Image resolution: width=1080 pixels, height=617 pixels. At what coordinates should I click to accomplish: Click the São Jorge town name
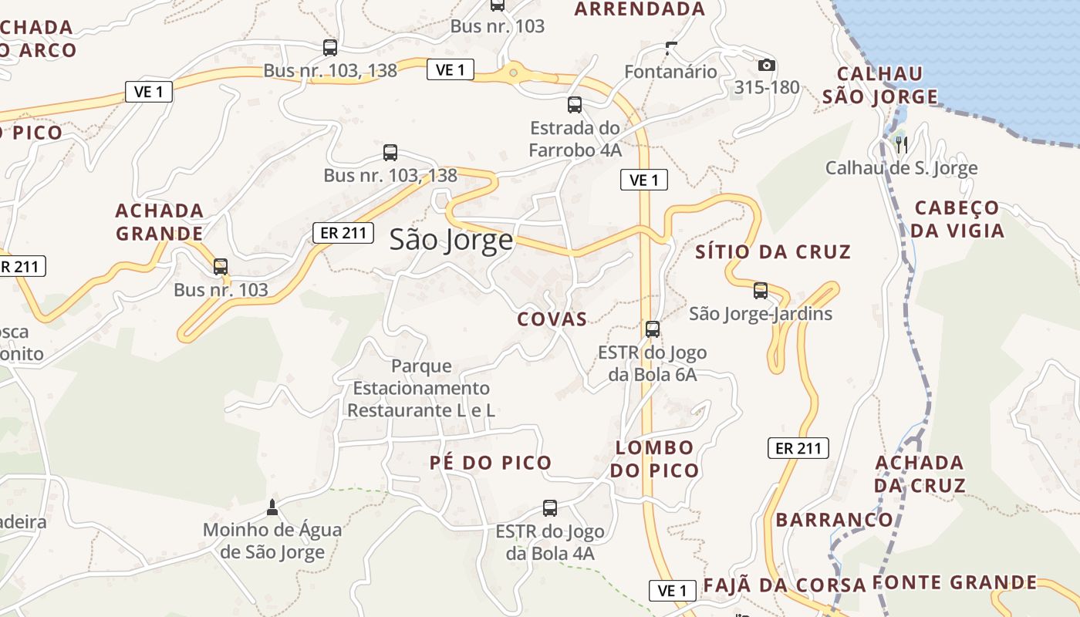(x=451, y=240)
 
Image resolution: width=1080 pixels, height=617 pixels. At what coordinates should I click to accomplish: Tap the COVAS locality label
(x=552, y=319)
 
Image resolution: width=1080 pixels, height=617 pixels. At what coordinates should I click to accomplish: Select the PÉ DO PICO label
(x=491, y=463)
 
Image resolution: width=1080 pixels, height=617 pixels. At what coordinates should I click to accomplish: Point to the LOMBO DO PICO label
(x=655, y=459)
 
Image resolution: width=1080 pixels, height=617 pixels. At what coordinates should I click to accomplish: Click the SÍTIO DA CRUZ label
(x=773, y=251)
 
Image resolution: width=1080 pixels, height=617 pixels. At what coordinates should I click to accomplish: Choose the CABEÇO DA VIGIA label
(x=957, y=219)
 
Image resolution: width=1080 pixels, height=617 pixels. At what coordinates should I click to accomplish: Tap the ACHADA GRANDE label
(x=160, y=222)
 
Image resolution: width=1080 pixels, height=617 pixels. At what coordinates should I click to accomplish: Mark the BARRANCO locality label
(x=834, y=520)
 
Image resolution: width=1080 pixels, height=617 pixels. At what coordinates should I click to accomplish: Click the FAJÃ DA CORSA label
(x=784, y=585)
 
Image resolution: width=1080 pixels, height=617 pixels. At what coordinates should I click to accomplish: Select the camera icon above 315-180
(x=766, y=66)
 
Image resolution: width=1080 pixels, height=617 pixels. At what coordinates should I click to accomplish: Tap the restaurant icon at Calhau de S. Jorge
(x=900, y=143)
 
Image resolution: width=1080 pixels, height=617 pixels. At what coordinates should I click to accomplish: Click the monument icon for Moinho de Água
(x=272, y=507)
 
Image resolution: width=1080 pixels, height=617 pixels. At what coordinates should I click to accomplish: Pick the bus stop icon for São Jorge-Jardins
(x=761, y=291)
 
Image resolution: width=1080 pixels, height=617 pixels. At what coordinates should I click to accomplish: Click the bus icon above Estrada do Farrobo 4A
(x=575, y=105)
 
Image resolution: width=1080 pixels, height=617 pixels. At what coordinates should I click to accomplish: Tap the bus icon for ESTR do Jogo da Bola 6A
(x=653, y=329)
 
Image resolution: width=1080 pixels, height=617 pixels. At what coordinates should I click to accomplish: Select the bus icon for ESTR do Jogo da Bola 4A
(x=550, y=508)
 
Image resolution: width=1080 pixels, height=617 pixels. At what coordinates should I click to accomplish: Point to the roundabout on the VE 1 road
(x=513, y=73)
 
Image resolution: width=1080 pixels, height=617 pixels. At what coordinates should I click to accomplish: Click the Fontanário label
(x=670, y=72)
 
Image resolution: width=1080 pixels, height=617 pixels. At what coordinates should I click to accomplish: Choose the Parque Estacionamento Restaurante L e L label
(x=421, y=388)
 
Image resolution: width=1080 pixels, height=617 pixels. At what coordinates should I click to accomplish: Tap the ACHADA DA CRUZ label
(x=920, y=474)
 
